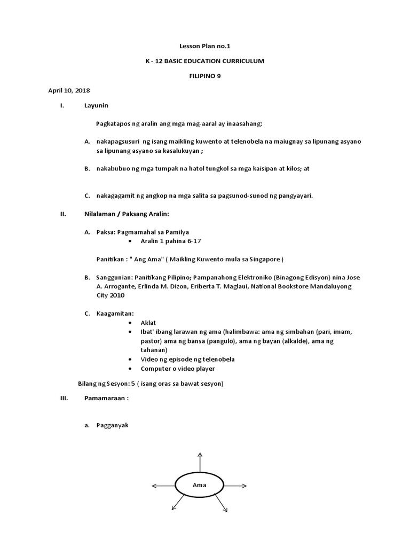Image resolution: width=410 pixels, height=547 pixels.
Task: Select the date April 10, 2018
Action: coord(69,91)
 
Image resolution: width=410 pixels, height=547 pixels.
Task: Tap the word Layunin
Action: coord(96,106)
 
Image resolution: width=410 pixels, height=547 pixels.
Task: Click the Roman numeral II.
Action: coord(62,214)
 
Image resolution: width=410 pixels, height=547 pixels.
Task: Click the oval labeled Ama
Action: coord(199,485)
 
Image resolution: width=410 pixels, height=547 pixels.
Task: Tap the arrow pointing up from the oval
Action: coord(200,460)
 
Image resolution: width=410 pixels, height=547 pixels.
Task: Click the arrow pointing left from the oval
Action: coord(164,486)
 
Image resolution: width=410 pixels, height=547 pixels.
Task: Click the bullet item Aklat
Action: coord(148,323)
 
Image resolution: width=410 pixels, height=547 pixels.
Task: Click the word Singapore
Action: coord(264,260)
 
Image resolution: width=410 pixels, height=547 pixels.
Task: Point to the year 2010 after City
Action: coord(118,295)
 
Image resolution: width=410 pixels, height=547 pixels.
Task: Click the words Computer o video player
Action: coord(178,369)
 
